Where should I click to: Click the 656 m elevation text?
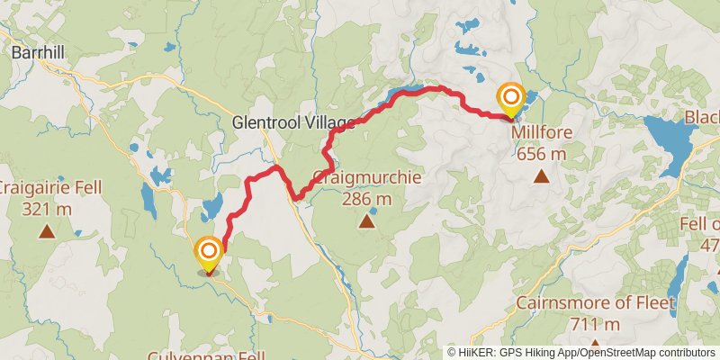point(542,153)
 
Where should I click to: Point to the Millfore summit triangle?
point(542,175)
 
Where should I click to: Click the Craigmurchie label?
point(366,177)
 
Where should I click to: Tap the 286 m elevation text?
point(366,198)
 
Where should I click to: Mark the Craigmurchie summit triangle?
point(366,220)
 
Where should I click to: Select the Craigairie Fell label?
point(48,188)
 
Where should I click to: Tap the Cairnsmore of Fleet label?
point(596,303)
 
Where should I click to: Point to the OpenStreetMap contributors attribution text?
point(646,352)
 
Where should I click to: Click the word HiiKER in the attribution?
point(474,352)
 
